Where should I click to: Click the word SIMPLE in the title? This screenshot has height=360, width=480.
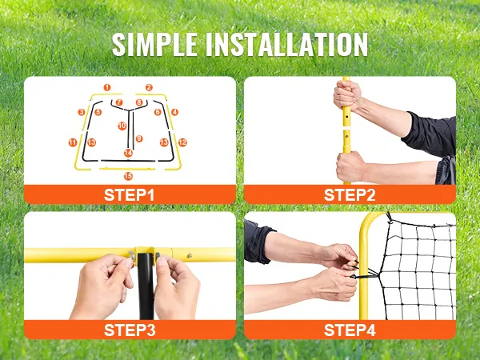[x=154, y=44]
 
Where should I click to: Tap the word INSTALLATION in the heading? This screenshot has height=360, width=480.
[x=286, y=44]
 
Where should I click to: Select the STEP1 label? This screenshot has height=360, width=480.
[x=129, y=195]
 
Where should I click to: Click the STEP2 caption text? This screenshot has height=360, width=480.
[x=350, y=195]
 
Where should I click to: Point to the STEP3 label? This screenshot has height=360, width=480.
[x=130, y=330]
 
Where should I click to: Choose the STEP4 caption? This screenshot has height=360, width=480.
[x=350, y=330]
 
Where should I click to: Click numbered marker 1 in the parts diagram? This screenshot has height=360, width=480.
[x=107, y=87]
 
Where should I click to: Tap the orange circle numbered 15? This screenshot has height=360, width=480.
[x=128, y=176]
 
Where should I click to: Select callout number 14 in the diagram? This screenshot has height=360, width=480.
[x=128, y=153]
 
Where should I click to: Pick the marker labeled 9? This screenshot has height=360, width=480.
[x=139, y=138]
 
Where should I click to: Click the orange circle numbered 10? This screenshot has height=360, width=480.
[x=122, y=126]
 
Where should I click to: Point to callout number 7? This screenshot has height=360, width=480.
[x=119, y=102]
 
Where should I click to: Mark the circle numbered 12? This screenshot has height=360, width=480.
[x=182, y=142]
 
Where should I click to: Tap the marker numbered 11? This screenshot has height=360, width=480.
[x=73, y=142]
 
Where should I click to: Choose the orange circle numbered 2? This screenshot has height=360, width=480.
[x=149, y=87]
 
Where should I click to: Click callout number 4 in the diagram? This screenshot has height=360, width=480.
[x=174, y=112]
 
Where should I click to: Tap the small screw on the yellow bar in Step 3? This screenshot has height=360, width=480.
[x=190, y=256]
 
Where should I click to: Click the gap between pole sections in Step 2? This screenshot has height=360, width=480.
[x=346, y=128]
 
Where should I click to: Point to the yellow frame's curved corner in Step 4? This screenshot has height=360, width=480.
[x=367, y=222]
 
